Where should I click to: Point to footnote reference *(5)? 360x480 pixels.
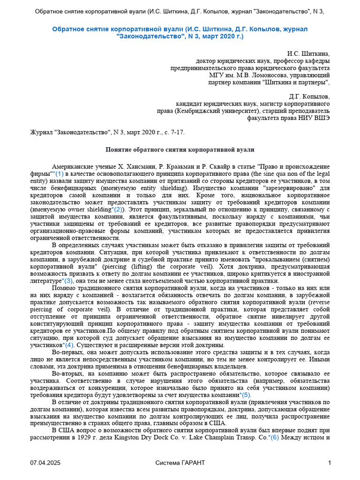coord(245,395)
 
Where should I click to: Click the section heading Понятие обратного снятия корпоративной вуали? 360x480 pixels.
coord(179,150)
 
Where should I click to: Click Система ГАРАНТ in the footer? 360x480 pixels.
coord(180,463)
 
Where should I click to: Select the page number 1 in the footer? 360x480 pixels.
coord(330,463)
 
